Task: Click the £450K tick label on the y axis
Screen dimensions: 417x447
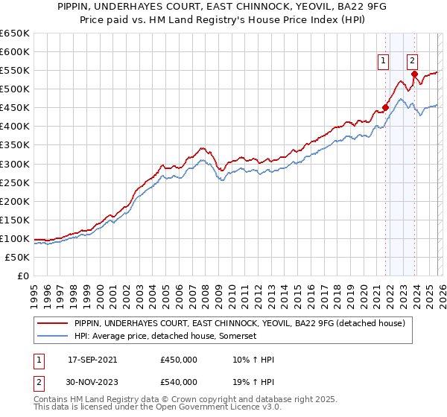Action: pos(15,108)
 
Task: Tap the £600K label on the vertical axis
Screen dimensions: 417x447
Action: pos(15,52)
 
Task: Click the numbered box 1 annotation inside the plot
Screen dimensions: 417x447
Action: pos(384,62)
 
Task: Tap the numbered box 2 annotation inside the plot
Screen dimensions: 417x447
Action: pos(412,62)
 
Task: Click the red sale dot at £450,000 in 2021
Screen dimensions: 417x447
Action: pos(386,107)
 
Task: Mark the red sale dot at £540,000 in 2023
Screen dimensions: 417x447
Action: pos(415,74)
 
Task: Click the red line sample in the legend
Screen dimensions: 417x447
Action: pos(52,323)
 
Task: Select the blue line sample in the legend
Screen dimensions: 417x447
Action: pos(52,337)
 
